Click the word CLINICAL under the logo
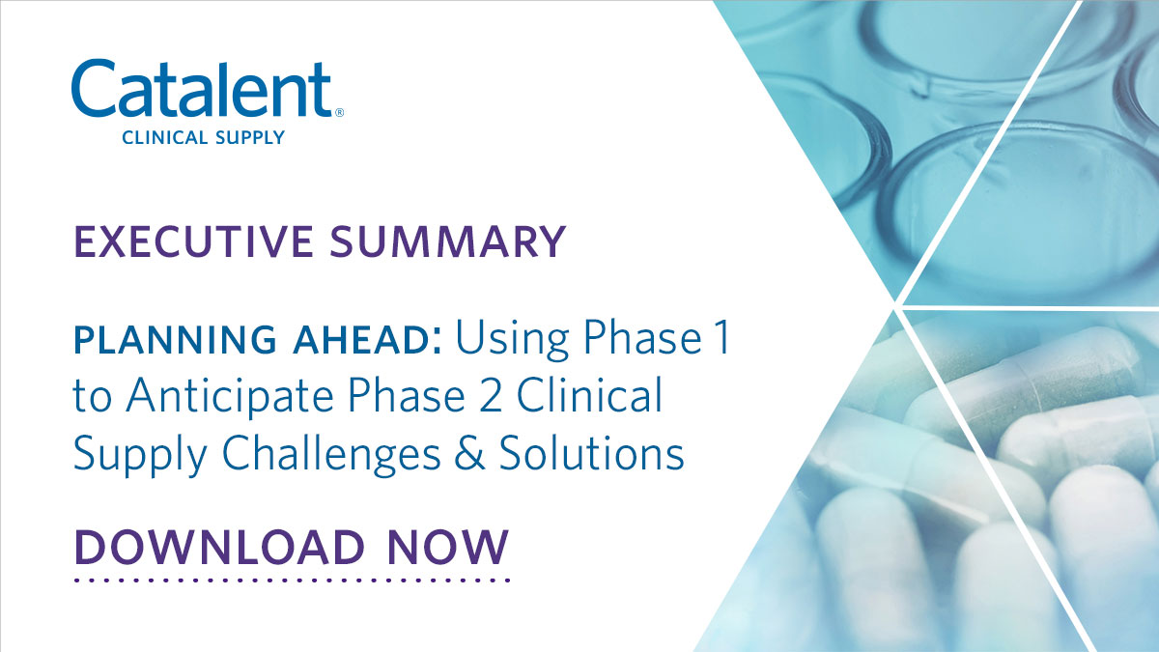(x=165, y=138)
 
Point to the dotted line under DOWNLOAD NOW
(x=291, y=581)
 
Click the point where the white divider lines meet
(x=899, y=308)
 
